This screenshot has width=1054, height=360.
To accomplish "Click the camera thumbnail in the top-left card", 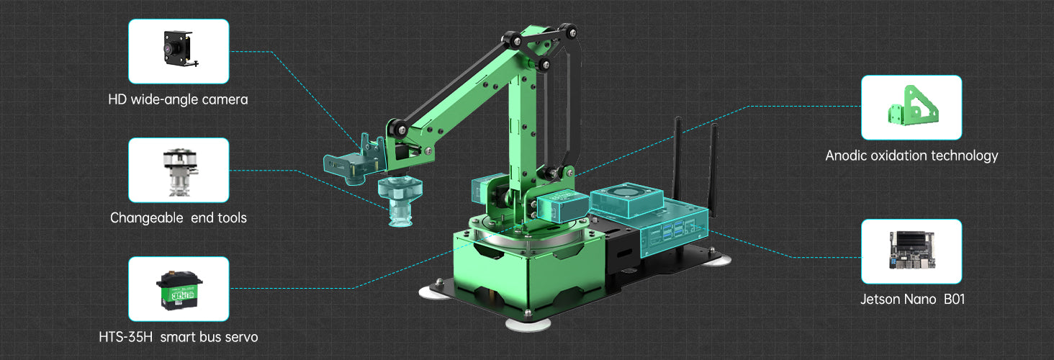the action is point(179,49).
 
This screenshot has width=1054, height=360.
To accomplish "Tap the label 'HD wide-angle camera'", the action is point(178,100).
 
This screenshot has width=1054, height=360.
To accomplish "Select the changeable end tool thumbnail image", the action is point(179,172).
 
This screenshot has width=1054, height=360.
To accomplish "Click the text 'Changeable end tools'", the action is point(179,218).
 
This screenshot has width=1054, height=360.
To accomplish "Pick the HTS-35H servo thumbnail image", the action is point(179,290).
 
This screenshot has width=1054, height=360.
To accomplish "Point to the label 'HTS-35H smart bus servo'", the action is point(179,337).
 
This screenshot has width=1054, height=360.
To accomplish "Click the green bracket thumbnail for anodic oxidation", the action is point(912,107).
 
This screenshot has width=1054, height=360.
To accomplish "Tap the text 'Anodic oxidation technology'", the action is point(911,156).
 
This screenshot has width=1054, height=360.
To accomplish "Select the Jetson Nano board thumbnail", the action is point(912,251).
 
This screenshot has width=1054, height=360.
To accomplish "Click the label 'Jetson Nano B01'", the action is point(912,300).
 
